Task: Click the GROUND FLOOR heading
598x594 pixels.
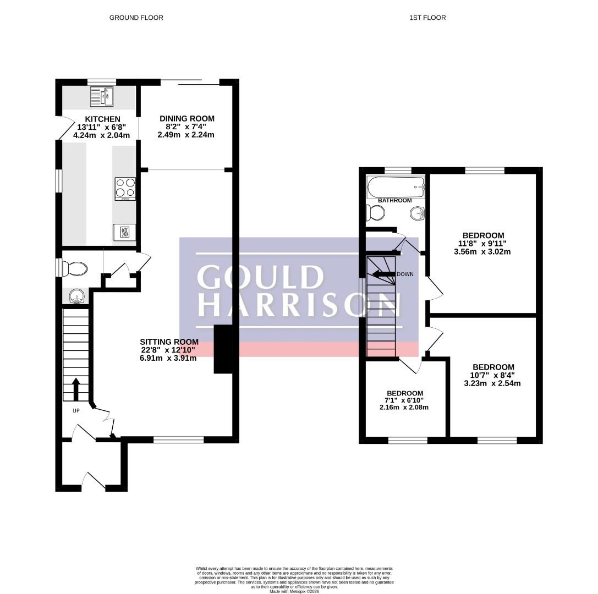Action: (136, 18)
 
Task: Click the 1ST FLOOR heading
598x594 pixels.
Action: (427, 18)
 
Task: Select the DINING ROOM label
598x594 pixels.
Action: (187, 119)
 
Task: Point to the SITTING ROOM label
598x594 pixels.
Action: (169, 342)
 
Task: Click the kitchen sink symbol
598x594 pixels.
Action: (102, 96)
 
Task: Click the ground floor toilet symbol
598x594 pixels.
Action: (74, 269)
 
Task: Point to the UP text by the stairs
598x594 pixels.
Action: (76, 411)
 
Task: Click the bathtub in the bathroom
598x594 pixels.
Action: (396, 187)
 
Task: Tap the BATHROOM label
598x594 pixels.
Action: (395, 201)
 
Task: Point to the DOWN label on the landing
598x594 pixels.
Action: (405, 274)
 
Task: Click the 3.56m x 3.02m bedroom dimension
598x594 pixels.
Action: (482, 252)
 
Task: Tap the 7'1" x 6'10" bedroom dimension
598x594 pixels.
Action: (405, 400)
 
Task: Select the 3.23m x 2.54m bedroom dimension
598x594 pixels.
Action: (492, 383)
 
